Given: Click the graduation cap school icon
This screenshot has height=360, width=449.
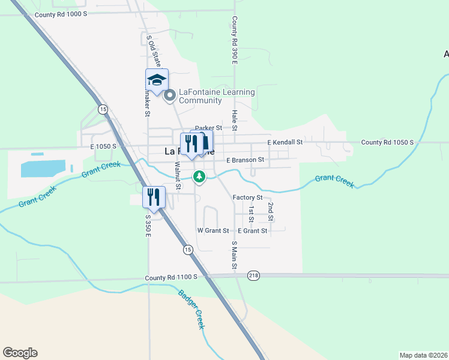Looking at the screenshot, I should pyautogui.click(x=157, y=80).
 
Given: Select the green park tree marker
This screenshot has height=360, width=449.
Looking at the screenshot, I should pyautogui.click(x=199, y=176).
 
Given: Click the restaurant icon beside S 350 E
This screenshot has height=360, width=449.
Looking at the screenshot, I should pyautogui.click(x=154, y=197).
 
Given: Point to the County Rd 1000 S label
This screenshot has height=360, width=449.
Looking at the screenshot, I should pyautogui.click(x=61, y=14).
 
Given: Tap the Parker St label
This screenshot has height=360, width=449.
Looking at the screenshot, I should pyautogui.click(x=208, y=128).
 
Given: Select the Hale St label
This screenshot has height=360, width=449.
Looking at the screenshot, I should pyautogui.click(x=235, y=120).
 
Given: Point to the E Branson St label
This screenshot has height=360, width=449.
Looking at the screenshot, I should pyautogui.click(x=245, y=160).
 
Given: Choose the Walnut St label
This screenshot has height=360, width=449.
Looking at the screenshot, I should pyautogui.click(x=178, y=175).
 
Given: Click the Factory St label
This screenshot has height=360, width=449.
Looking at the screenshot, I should pyautogui.click(x=247, y=197).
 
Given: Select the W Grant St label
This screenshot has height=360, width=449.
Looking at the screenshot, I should pyautogui.click(x=213, y=230).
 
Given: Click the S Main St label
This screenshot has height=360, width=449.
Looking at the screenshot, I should pyautogui.click(x=235, y=254).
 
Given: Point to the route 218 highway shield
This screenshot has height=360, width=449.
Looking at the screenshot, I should pyautogui.click(x=253, y=275).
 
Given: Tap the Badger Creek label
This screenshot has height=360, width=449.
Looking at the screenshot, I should pyautogui.click(x=192, y=309).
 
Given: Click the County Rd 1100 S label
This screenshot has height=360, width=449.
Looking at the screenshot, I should pyautogui.click(x=175, y=278).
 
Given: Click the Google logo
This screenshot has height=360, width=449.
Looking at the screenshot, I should pyautogui.click(x=20, y=353).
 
